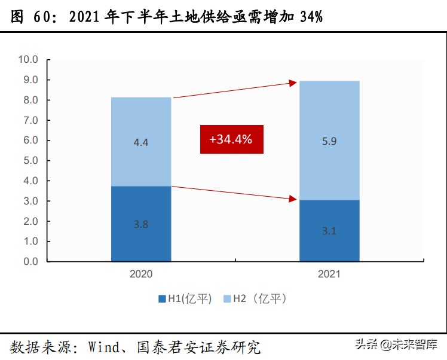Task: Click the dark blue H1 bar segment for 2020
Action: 141,224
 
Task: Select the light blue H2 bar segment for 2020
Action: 141,142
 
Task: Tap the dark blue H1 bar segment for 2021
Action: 329,231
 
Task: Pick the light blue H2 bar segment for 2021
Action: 329,141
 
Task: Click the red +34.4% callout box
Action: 231,139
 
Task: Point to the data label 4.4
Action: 141,144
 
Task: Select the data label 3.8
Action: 141,225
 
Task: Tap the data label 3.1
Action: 329,231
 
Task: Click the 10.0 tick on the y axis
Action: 28,60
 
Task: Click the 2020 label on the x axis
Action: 141,274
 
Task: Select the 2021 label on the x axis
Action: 329,274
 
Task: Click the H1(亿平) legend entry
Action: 185,299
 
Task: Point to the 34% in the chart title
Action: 311,17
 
